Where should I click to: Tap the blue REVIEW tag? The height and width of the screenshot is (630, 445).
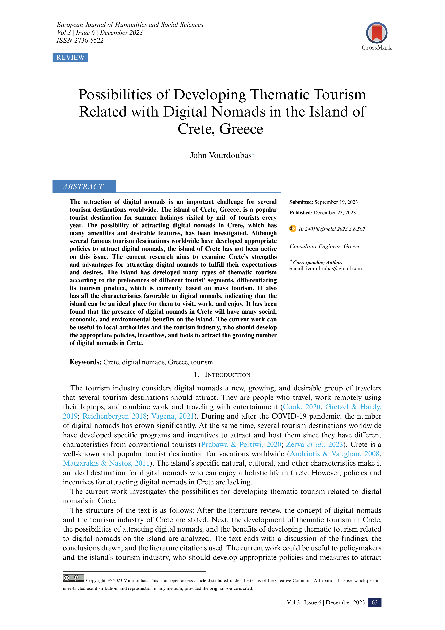(x=71, y=57)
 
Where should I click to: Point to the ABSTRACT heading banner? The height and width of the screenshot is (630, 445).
(x=84, y=187)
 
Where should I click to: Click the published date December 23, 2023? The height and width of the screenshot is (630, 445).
(x=334, y=213)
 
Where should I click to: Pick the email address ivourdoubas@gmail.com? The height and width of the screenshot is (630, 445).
(x=334, y=268)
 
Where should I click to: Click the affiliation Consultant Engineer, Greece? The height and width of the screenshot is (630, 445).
(x=326, y=246)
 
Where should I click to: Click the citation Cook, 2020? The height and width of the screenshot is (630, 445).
(x=302, y=407)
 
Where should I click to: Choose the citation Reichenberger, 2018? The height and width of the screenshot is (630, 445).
(x=115, y=416)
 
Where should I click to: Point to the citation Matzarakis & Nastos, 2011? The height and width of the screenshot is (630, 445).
(x=106, y=463)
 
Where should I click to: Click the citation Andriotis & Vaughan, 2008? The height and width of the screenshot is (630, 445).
(x=334, y=454)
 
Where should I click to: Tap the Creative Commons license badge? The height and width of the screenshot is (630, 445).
(x=73, y=578)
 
